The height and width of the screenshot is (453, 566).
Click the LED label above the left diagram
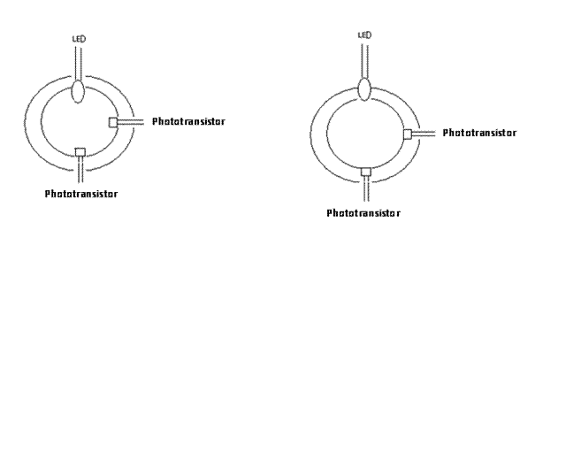pos(77,40)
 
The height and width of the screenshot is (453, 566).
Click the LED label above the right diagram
pos(363,35)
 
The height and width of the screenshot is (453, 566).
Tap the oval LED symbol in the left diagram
pos(78,91)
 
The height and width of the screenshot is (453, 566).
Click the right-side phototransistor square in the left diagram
pos(113,121)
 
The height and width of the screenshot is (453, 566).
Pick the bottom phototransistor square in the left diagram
pos(80,151)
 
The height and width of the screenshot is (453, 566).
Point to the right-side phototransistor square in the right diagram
pos(408,134)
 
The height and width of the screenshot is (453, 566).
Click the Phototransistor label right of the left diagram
pos(188,121)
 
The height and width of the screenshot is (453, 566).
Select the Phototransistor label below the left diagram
pos(81,192)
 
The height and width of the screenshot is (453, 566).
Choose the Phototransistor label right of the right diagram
pos(479,133)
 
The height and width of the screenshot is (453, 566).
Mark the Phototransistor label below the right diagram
pos(363,213)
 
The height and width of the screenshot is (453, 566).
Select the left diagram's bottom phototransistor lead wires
pos(80,169)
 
